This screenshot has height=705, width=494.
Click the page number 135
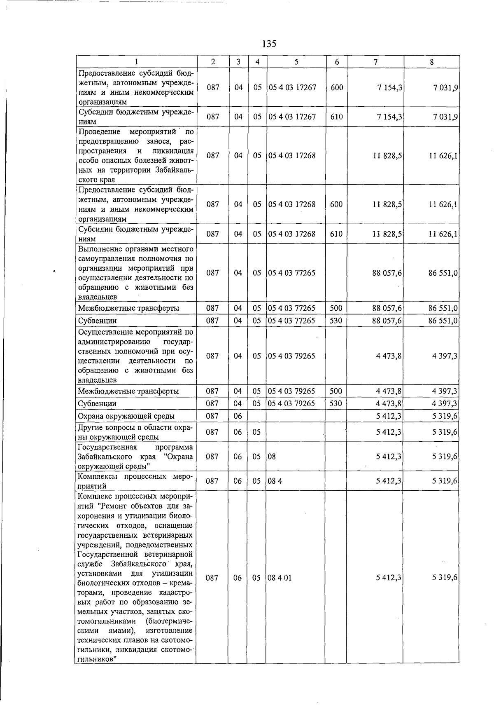coord(268,44)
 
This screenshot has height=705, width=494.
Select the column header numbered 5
coord(296,62)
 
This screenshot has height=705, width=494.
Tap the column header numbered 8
coord(431,62)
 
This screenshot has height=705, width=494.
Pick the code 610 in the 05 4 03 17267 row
coord(336,117)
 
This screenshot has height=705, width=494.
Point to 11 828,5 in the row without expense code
coord(387,156)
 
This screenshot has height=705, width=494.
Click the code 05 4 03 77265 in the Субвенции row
coord(292,321)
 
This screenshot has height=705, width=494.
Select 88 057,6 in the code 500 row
coord(387,308)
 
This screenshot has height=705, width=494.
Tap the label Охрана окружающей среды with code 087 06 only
coord(126,416)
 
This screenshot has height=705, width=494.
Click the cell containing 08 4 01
coord(280,578)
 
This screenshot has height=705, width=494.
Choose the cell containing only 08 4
coord(275,481)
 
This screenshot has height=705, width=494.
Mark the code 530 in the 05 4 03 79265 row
coord(336,404)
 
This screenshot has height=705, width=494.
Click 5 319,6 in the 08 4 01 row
coord(445,578)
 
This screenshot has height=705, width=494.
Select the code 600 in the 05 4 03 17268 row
coord(336,204)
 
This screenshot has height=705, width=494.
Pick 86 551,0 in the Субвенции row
coord(443,321)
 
